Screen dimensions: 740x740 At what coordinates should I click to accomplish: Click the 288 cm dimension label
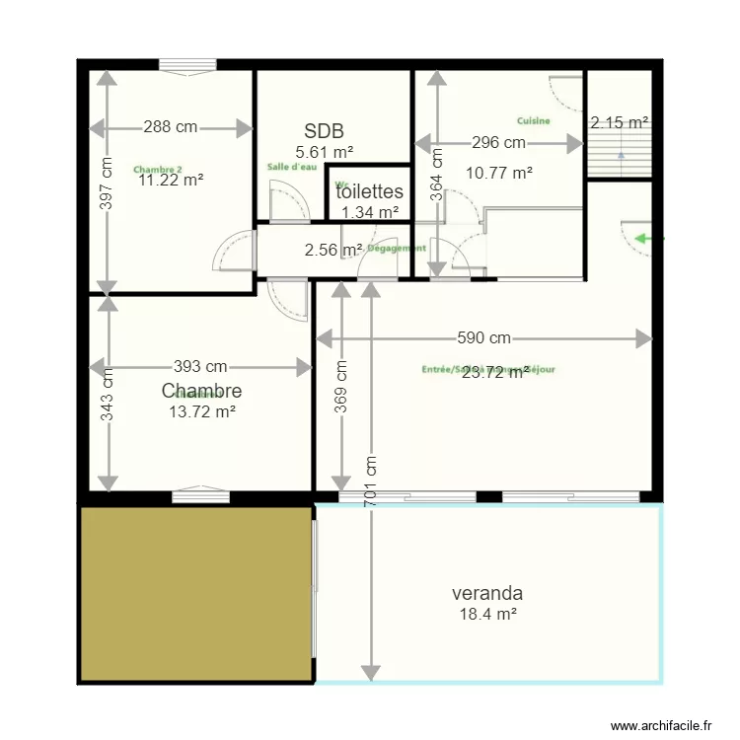tap(171, 127)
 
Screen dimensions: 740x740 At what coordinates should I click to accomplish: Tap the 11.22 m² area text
tap(171, 180)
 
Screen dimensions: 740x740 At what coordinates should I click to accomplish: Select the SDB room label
tap(324, 131)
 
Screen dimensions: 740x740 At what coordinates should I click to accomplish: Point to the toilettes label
tap(370, 192)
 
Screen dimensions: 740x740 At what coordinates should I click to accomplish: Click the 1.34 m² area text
tap(370, 211)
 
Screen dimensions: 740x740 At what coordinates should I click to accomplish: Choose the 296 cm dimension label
tap(498, 143)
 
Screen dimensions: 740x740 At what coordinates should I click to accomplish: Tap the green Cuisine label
tap(533, 120)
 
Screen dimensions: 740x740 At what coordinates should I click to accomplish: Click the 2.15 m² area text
tap(619, 123)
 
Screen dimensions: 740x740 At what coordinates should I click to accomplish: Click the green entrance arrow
tap(648, 238)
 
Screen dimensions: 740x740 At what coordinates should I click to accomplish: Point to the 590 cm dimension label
tap(483, 338)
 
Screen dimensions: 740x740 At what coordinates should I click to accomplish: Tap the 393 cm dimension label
tap(200, 367)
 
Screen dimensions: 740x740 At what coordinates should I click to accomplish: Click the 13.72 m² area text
tap(202, 411)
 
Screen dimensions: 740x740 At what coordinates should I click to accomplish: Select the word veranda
tap(486, 594)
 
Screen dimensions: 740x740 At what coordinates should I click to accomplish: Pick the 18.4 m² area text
tap(488, 614)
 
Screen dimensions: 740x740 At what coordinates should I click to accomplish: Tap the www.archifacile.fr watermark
tap(661, 725)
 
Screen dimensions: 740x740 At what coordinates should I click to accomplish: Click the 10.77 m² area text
tap(499, 172)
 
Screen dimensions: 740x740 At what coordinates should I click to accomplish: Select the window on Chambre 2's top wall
tap(187, 66)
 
